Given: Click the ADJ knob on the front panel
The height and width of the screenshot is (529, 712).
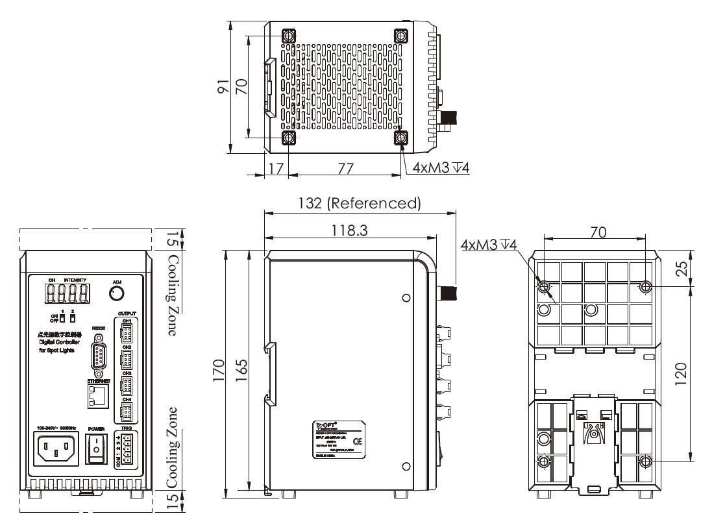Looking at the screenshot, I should [x=117, y=294].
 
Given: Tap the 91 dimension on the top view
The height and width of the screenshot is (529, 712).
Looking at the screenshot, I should [x=223, y=87].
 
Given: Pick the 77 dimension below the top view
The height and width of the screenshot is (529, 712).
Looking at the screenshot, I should [x=345, y=168].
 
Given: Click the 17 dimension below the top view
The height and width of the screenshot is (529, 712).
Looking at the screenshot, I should [x=276, y=168].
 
